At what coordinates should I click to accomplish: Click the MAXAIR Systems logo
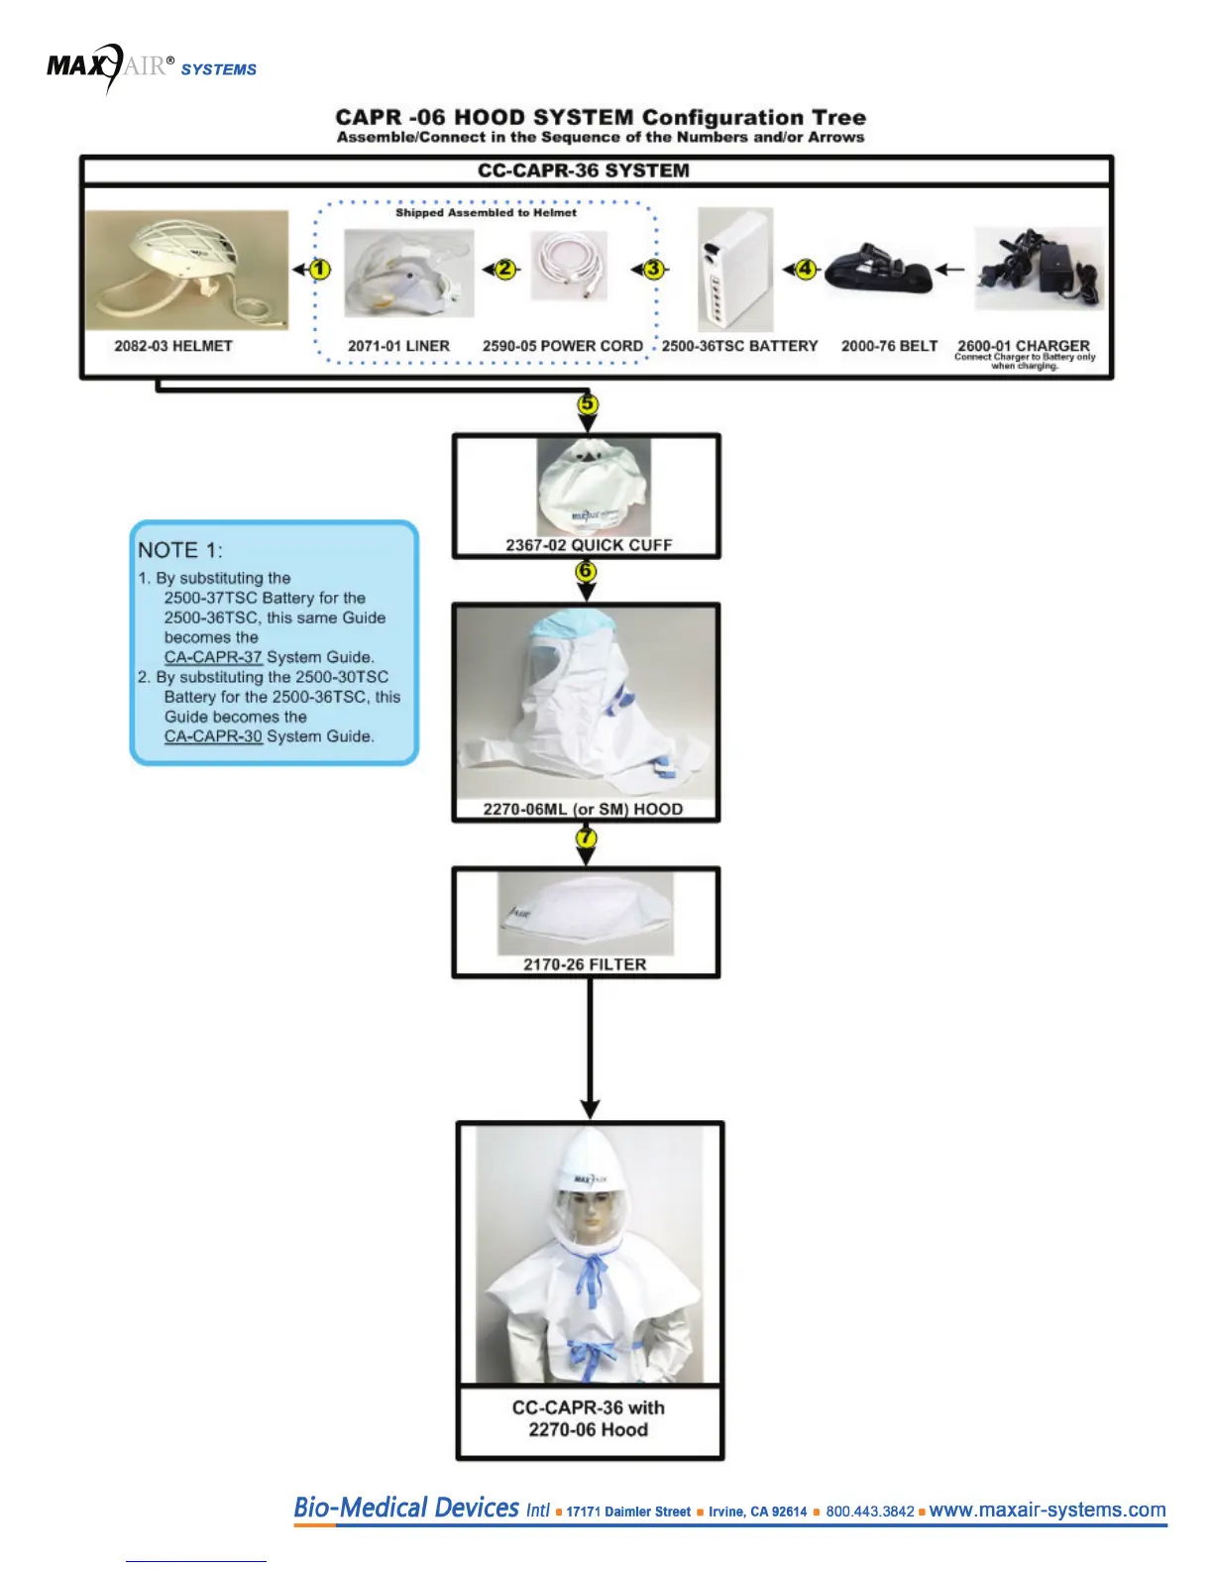pos(151,67)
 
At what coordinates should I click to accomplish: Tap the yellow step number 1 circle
pos(320,270)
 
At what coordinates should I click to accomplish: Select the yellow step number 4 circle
pos(807,269)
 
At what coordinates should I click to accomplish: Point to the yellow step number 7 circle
pos(587,838)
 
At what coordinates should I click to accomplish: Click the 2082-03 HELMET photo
pos(186,270)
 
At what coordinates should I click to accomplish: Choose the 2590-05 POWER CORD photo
pos(569,266)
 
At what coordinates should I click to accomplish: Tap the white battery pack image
pos(734,270)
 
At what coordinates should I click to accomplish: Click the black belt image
pos(878,268)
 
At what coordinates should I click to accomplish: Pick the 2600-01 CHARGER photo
pos(1038,269)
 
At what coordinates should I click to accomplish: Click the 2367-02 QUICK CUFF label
pos(589,545)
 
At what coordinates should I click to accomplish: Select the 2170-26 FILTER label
pos(585,964)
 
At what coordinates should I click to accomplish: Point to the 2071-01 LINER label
pos(398,346)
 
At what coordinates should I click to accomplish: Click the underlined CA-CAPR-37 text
pos(213,657)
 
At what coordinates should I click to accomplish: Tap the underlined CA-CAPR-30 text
pos(213,736)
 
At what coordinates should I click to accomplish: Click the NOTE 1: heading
pos(180,550)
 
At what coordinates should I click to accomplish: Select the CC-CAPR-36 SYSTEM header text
pos(583,170)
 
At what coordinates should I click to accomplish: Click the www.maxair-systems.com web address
pos(1048,1510)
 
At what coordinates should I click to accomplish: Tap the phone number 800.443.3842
pos(870,1512)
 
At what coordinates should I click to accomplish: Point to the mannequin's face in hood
pos(592,1218)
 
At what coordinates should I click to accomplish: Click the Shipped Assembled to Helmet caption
pos(486,212)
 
